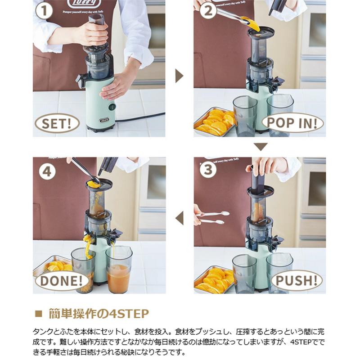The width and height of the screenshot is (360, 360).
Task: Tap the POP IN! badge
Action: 292,121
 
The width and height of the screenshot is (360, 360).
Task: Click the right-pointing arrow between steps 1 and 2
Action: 179,76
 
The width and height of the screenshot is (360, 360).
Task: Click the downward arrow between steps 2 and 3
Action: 260,147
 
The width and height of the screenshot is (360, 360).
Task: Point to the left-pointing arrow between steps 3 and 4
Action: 179,218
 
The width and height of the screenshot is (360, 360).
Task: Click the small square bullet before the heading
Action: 38,314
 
